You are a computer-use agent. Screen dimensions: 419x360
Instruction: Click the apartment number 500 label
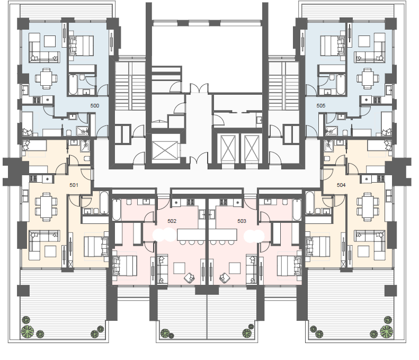coord(95,106)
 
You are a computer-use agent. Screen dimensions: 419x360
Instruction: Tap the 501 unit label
coord(74,185)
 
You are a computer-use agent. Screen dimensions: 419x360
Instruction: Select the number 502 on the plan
coord(172,221)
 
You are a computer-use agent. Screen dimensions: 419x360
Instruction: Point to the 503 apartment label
coord(242,221)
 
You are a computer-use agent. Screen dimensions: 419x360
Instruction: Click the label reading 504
coord(341,185)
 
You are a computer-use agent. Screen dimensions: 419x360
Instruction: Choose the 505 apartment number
coord(320,106)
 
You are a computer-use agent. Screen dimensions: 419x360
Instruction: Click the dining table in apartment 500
coord(46,78)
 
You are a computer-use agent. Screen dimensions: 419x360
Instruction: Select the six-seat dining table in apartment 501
coord(46,206)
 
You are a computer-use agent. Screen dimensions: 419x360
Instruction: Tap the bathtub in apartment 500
coord(73,84)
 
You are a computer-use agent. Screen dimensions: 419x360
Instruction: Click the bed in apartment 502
coord(125,266)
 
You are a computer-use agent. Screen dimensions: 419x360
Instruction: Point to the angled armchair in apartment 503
coord(225,278)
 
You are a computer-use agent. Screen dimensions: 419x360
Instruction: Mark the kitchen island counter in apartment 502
coord(191,235)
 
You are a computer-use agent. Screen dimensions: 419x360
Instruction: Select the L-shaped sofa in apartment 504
coord(370,245)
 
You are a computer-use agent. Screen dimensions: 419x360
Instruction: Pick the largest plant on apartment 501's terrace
coord(28,331)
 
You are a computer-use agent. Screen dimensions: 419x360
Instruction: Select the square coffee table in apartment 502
coord(179,268)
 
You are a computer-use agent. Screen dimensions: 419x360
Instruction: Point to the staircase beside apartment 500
coord(130,85)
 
